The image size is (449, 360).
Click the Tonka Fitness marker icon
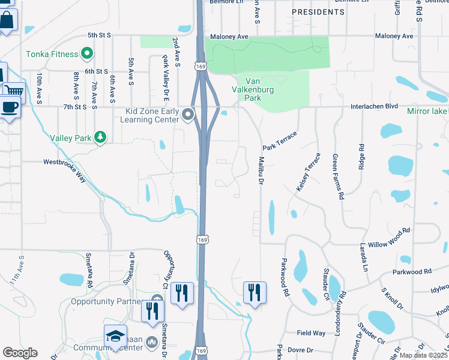86,54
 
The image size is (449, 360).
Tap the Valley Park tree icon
100,137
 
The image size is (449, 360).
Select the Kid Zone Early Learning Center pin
188,114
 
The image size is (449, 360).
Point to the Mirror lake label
427,112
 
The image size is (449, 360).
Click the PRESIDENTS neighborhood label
318,12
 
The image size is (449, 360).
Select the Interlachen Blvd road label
375,106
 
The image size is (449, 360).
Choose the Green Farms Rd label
338,176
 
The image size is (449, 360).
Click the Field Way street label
311,332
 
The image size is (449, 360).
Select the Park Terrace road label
279,141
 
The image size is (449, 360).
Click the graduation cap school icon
115,337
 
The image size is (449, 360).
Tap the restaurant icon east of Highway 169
255,292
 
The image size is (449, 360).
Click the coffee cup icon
9,107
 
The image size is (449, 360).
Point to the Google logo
19,353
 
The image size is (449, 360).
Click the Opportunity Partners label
108,301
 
